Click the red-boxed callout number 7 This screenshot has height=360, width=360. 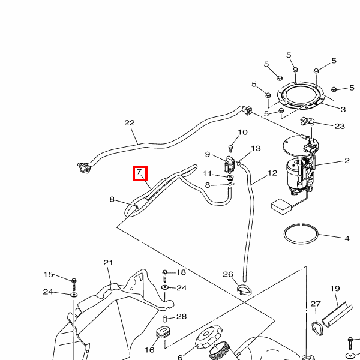(x=139, y=173)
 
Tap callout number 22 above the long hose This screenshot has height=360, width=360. (x=130, y=123)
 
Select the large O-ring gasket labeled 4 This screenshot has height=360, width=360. (x=301, y=235)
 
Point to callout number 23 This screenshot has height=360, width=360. (x=340, y=126)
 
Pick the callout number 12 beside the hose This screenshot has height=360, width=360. (x=272, y=173)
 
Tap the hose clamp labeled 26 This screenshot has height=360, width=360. (x=243, y=290)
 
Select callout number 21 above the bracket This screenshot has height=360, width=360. (x=108, y=263)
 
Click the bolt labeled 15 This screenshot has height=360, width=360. (x=73, y=281)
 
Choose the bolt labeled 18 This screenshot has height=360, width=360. (x=164, y=275)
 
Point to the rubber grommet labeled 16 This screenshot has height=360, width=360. (x=163, y=332)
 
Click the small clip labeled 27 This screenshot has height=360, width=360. (x=316, y=326)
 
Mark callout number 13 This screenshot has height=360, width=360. (x=256, y=149)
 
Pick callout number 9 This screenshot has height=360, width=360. (x=207, y=155)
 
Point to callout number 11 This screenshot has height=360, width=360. (x=207, y=174)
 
